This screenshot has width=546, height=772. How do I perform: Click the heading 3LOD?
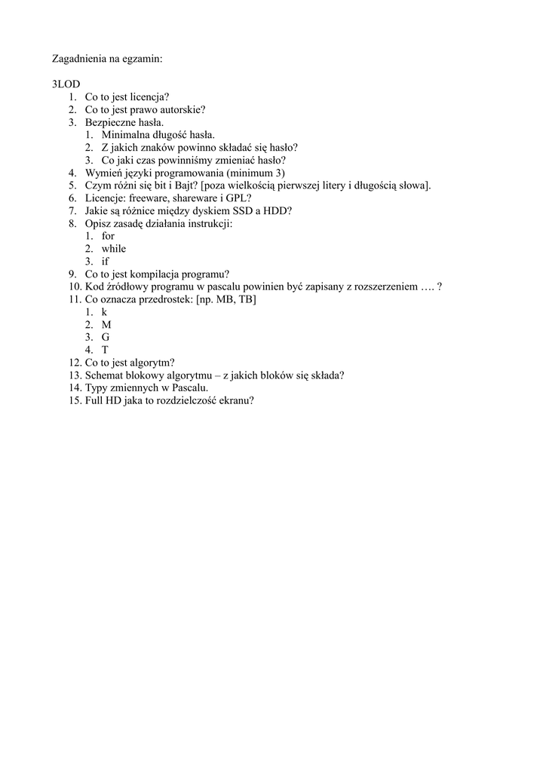click(x=66, y=84)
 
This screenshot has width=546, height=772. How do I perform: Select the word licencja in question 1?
click(x=149, y=96)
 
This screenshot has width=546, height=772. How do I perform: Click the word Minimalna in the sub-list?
click(x=125, y=134)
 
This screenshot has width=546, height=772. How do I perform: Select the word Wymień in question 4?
click(x=103, y=173)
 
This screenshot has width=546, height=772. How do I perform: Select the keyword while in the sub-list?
click(x=114, y=249)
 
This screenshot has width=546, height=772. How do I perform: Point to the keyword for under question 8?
click(x=108, y=236)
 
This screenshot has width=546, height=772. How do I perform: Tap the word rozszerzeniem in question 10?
click(x=383, y=286)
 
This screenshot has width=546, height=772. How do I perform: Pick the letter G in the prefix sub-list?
click(x=106, y=337)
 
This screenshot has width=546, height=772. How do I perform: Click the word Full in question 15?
click(x=96, y=400)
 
